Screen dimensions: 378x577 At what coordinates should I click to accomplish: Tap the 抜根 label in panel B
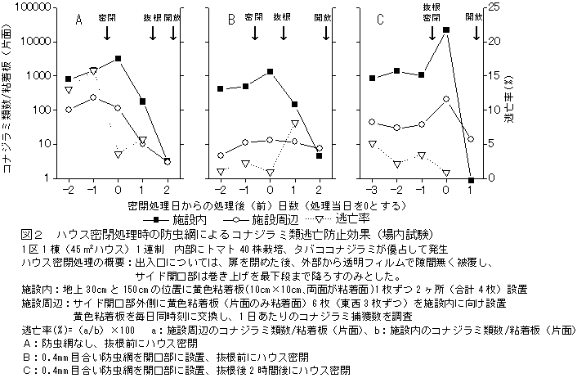(x=282, y=16)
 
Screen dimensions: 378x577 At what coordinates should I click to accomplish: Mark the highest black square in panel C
(x=446, y=29)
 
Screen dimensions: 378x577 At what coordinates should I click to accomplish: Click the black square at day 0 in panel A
(x=118, y=59)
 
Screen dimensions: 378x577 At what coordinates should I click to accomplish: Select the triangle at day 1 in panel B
(x=294, y=123)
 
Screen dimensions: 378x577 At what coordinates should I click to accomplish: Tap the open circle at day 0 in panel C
(x=446, y=99)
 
